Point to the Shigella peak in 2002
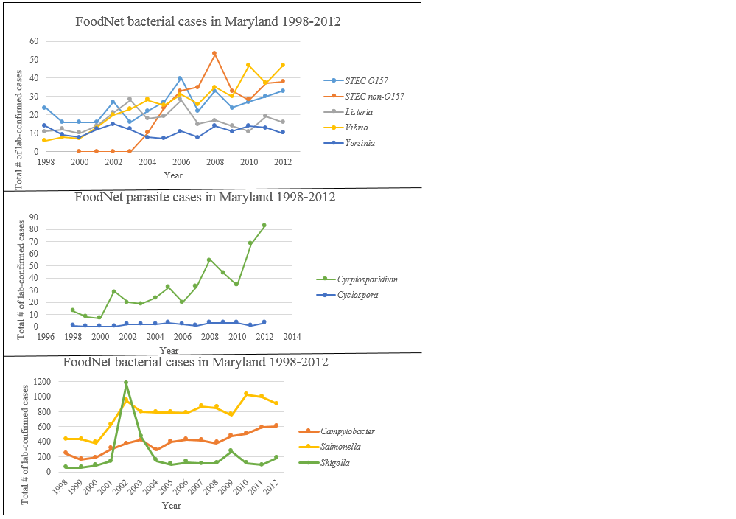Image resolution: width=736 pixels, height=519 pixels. point(126,383)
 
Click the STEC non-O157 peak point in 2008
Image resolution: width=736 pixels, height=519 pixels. point(214,53)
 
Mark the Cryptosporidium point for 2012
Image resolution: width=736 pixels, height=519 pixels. point(264,225)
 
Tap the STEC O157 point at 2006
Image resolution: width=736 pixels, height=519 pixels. point(180,78)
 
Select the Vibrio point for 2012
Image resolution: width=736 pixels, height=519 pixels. point(282,65)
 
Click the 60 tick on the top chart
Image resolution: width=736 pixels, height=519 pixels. point(34,41)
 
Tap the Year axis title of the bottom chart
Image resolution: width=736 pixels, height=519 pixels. point(171,506)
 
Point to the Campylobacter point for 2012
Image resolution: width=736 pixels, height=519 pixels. point(276,425)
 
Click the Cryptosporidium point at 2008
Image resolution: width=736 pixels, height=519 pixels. point(209,259)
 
